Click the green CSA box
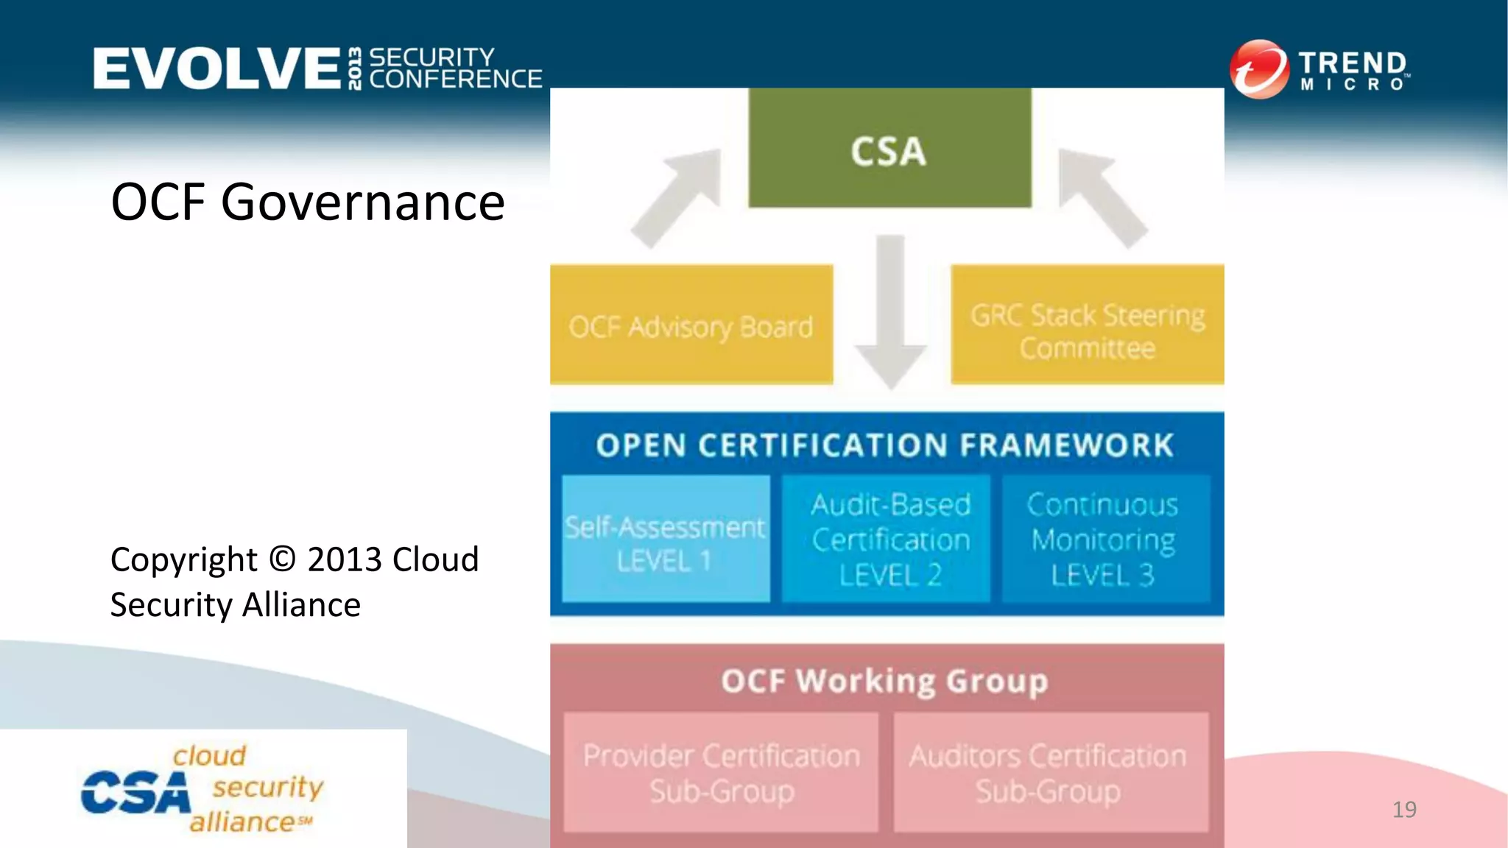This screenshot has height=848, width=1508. [x=889, y=149]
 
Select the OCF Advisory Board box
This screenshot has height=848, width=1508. [x=691, y=325]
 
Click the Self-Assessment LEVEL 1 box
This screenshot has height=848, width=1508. [x=665, y=539]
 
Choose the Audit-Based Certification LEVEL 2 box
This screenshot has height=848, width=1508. [x=889, y=539]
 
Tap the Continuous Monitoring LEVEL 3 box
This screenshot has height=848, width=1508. [x=1103, y=539]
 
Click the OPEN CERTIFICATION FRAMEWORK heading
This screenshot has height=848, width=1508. [x=885, y=445]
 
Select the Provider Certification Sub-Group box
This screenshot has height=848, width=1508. [x=721, y=773]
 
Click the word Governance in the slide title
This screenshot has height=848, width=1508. [x=362, y=203]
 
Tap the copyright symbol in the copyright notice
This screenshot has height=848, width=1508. [x=282, y=559]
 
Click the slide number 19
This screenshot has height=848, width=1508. [x=1404, y=810]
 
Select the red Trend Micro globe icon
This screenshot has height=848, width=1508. [x=1259, y=69]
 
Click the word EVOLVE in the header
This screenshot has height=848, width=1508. [x=216, y=68]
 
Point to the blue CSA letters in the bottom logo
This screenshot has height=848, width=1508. [x=135, y=794]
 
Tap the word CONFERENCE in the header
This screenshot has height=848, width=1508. [x=455, y=79]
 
